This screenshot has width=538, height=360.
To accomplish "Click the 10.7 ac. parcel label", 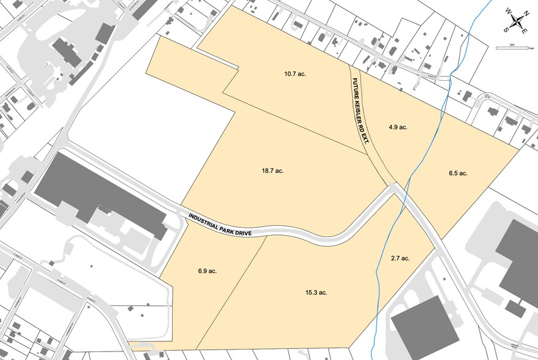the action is click(x=295, y=74).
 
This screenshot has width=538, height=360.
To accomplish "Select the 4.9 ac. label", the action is click(x=398, y=127).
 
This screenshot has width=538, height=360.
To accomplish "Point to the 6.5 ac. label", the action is click(x=458, y=173).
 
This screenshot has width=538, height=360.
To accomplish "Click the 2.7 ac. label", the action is click(x=400, y=258).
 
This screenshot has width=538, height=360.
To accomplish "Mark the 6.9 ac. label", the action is click(x=207, y=271).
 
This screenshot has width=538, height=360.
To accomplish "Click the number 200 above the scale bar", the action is click(x=513, y=44).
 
